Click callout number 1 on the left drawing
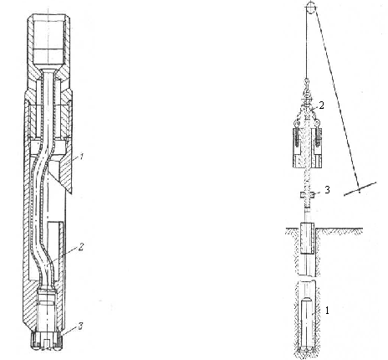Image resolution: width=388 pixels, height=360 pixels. (81, 157)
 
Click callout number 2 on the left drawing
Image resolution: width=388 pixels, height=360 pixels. (81, 246)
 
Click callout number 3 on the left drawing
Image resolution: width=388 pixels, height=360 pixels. (80, 326)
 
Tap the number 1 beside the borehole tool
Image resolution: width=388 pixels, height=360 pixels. (328, 310)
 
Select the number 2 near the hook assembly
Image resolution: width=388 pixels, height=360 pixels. (322, 105)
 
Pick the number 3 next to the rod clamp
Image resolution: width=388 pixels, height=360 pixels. (327, 190)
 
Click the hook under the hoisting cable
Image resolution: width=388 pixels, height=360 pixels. (307, 83)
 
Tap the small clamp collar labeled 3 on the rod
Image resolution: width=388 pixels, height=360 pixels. (307, 194)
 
